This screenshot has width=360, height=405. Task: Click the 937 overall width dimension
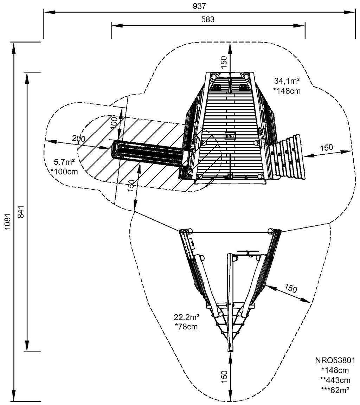pyautogui.click(x=199, y=6)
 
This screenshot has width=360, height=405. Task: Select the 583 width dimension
pyautogui.click(x=208, y=20)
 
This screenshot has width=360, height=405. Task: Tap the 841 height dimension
pyautogui.click(x=20, y=212)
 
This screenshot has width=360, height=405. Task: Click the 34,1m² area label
pyautogui.click(x=287, y=81)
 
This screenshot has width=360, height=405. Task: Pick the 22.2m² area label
pyautogui.click(x=186, y=317)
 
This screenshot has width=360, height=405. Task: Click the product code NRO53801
pyautogui.click(x=335, y=361)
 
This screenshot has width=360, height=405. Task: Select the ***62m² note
pyautogui.click(x=335, y=389)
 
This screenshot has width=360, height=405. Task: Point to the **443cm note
pyautogui.click(x=335, y=380)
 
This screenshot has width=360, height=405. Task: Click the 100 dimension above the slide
pyautogui.click(x=114, y=121)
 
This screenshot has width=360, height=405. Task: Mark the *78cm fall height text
pyautogui.click(x=186, y=327)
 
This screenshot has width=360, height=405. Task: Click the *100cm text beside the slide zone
pyautogui.click(x=64, y=172)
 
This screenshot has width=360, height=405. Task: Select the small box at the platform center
pyautogui.click(x=229, y=136)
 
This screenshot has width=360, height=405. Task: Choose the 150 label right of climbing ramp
pyautogui.click(x=326, y=148)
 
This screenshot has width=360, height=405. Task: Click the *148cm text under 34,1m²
pyautogui.click(x=287, y=90)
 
